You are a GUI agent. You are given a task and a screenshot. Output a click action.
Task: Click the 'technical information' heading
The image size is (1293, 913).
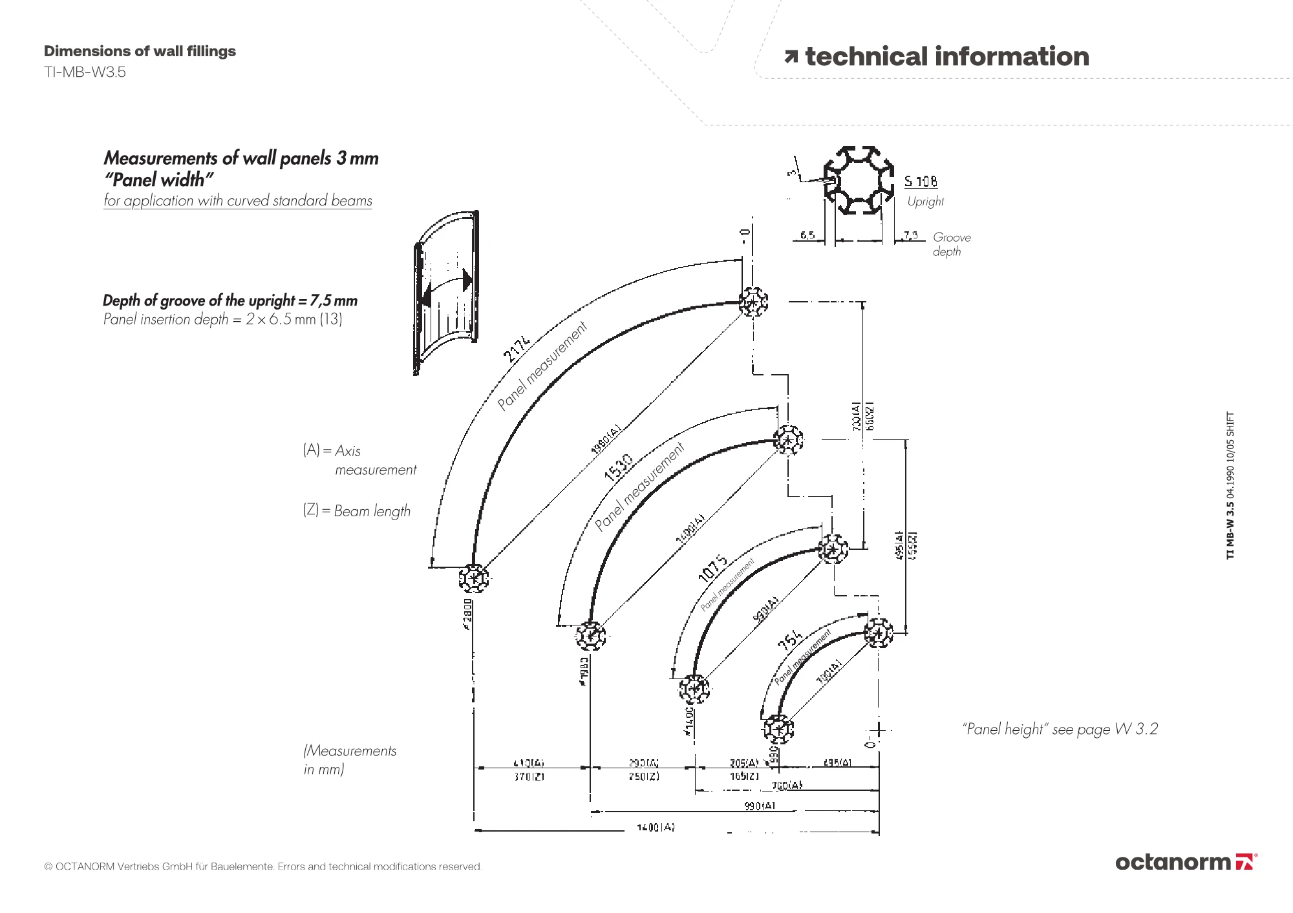point(946,57)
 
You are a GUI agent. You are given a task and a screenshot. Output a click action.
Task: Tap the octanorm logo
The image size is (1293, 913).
point(1186,862)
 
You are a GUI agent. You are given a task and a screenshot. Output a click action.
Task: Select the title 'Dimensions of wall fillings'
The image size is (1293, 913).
point(140,51)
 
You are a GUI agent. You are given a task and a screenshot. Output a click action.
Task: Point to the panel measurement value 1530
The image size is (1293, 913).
point(617,467)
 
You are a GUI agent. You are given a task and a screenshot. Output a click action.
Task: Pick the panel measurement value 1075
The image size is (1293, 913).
point(712,567)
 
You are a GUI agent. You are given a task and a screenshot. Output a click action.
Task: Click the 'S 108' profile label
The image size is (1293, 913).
point(921,182)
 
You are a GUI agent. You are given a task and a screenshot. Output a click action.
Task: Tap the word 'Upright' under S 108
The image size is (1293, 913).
point(925,201)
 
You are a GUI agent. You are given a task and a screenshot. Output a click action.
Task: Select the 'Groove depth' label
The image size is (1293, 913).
point(951,244)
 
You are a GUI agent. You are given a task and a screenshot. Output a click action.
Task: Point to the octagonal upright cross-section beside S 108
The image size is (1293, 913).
point(859,181)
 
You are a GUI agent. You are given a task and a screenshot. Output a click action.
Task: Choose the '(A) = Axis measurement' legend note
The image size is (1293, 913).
point(359,459)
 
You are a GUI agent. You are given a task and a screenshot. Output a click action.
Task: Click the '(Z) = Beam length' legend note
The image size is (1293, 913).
point(356,510)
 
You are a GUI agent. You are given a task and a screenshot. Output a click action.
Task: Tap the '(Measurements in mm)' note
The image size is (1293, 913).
point(350,759)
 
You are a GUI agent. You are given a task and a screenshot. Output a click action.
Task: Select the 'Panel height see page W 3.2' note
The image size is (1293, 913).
point(1060,729)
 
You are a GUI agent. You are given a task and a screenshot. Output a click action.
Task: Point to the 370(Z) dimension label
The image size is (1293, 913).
point(529,777)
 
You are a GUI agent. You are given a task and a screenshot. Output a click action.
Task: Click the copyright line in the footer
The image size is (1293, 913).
point(262,866)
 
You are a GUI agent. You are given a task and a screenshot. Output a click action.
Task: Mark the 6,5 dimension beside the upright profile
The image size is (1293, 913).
point(807,235)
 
